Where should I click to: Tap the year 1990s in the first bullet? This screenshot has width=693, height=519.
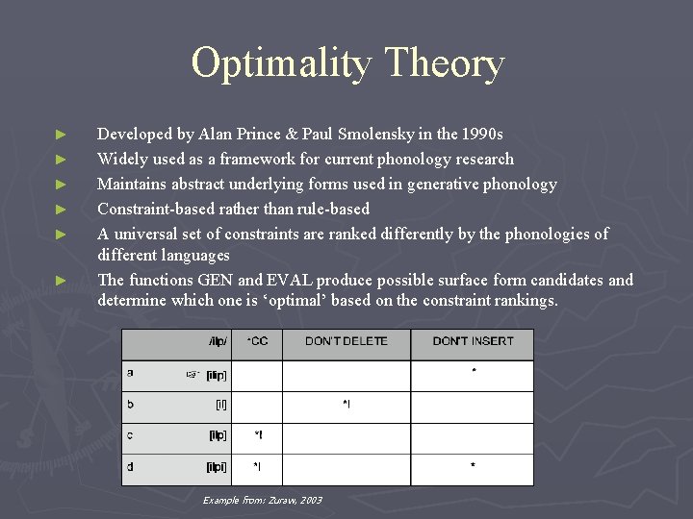point(481,135)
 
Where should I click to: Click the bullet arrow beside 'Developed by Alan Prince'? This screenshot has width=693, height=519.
point(61,135)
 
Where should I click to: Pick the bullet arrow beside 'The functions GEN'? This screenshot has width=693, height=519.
point(61,281)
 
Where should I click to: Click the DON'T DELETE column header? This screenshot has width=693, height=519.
point(346,342)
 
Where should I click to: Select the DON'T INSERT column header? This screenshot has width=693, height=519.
point(472,342)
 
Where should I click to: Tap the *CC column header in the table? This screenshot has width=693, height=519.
point(258,342)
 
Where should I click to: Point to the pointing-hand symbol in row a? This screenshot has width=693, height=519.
point(192,375)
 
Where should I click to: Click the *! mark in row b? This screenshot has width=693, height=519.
point(346,406)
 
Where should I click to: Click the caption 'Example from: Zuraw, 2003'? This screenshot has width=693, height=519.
point(262,501)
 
